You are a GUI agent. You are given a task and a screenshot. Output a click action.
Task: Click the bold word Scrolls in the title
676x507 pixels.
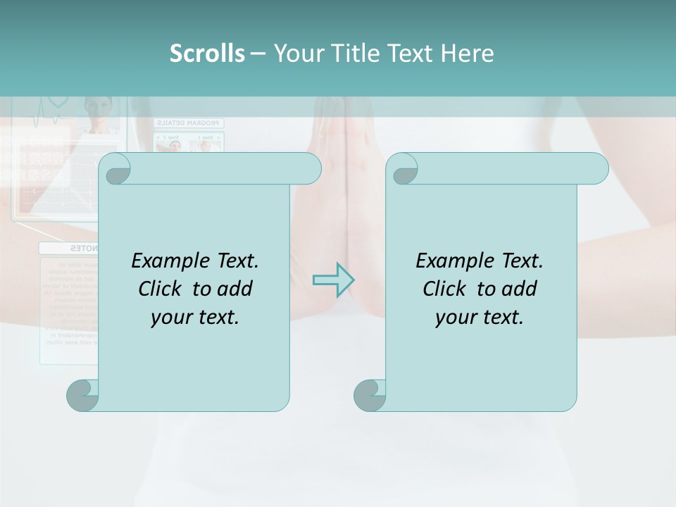207,54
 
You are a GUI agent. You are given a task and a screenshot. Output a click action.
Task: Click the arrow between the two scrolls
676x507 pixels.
333,280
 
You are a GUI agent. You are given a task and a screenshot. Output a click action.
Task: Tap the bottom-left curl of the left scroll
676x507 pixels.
83,395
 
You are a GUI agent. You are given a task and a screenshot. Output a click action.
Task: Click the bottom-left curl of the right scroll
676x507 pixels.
370,395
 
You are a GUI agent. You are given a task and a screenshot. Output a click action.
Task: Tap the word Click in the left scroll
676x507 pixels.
161,289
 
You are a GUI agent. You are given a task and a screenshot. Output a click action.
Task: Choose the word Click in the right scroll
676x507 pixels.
445,289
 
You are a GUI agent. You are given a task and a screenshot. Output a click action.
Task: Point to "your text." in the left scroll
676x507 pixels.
195,318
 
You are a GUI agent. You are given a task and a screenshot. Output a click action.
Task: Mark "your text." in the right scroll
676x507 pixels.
480,318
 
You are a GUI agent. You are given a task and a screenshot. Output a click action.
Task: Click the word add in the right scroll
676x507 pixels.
520,289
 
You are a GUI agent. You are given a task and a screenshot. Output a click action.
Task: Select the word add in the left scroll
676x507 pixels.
235,289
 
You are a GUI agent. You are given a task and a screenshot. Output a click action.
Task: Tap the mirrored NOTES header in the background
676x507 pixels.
84,249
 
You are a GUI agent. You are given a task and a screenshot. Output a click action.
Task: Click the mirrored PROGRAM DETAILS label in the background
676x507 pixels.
187,123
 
